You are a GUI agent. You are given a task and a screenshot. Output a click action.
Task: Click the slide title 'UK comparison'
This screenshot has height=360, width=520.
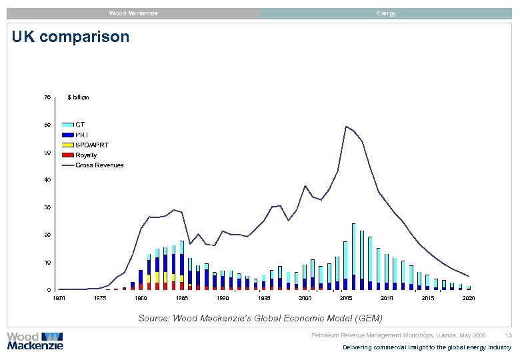pyautogui.click(x=71, y=37)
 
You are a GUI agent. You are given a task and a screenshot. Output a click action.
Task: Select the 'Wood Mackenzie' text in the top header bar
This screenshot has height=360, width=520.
pyautogui.click(x=133, y=13)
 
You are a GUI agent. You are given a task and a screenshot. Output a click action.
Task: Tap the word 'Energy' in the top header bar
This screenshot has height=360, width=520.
pyautogui.click(x=385, y=13)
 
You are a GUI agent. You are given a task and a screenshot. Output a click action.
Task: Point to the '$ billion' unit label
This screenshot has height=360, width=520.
pyautogui.click(x=78, y=97)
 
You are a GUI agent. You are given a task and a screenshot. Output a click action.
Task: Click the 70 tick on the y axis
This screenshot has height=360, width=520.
pyautogui.click(x=47, y=97)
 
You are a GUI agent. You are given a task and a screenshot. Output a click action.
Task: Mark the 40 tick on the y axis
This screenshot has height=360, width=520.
pyautogui.click(x=47, y=180)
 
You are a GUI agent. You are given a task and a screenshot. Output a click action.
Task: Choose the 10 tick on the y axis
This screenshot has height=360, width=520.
pyautogui.click(x=47, y=263)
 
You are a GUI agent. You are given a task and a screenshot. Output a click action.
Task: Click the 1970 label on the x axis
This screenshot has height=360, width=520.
pyautogui.click(x=59, y=298)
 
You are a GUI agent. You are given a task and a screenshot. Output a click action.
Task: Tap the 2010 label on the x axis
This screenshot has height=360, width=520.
pyautogui.click(x=387, y=298)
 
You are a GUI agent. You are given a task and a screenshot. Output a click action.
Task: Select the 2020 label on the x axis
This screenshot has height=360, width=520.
pyautogui.click(x=469, y=298)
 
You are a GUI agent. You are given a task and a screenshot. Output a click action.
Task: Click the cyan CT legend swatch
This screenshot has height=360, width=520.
pyautogui.click(x=67, y=125)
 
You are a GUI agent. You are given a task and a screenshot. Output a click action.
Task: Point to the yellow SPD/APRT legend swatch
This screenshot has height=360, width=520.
pyautogui.click(x=67, y=145)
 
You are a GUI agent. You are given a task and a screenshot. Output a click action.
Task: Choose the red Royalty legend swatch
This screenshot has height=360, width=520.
pyautogui.click(x=67, y=155)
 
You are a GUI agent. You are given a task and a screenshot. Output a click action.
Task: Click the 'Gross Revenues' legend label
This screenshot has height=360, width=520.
pyautogui.click(x=99, y=165)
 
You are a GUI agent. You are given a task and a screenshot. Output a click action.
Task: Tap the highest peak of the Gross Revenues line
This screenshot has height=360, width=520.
pyautogui.click(x=345, y=127)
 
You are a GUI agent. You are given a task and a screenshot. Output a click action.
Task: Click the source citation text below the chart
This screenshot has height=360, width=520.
pyautogui.click(x=261, y=319)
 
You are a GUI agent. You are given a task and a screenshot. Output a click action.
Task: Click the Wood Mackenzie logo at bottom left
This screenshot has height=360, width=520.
pyautogui.click(x=35, y=341)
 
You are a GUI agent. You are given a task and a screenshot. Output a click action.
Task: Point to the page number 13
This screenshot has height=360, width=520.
pyautogui.click(x=509, y=335)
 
